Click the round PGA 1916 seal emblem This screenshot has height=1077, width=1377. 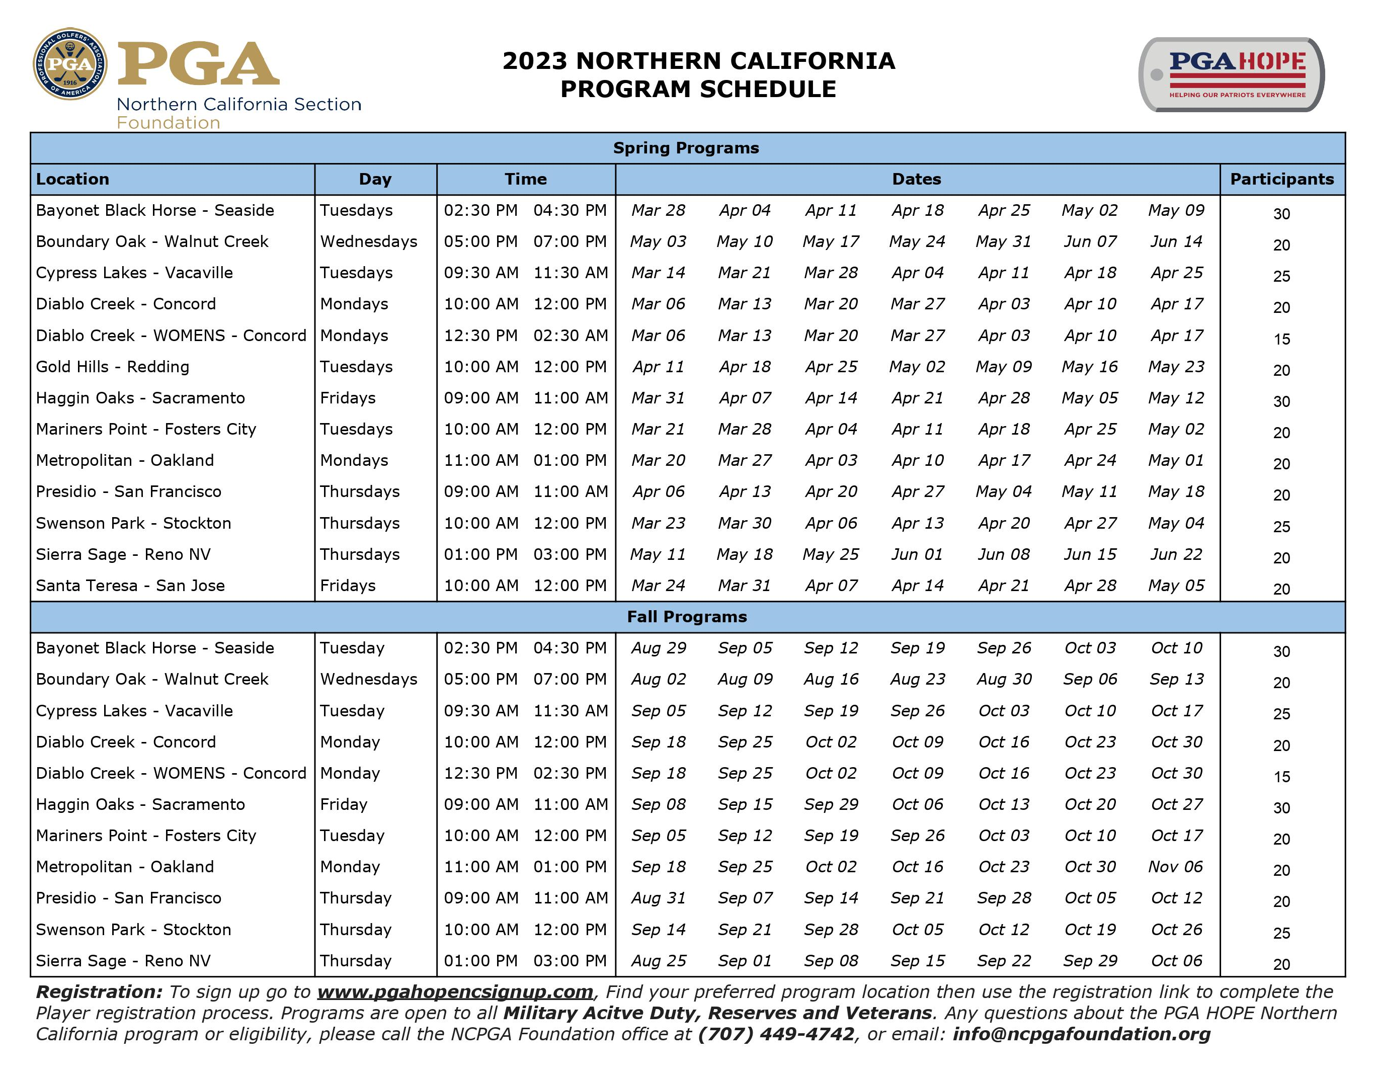pyautogui.click(x=70, y=64)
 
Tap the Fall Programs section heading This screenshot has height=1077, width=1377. pyautogui.click(x=687, y=617)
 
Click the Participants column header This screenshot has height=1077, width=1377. pyautogui.click(x=1281, y=179)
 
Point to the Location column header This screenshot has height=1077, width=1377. pyautogui.click(x=72, y=179)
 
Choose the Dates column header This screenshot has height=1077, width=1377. pyautogui.click(x=916, y=179)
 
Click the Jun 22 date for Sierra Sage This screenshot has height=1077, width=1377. pyautogui.click(x=1176, y=554)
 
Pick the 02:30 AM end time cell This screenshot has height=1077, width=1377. pyautogui.click(x=570, y=336)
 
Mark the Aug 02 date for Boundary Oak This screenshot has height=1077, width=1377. pyautogui.click(x=658, y=679)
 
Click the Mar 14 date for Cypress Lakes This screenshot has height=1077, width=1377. pyautogui.click(x=658, y=273)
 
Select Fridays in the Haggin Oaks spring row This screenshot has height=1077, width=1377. pyautogui.click(x=348, y=398)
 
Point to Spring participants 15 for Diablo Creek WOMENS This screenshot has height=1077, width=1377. pyautogui.click(x=1281, y=339)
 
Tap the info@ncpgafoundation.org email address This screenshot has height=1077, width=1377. pyautogui.click(x=1081, y=1034)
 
